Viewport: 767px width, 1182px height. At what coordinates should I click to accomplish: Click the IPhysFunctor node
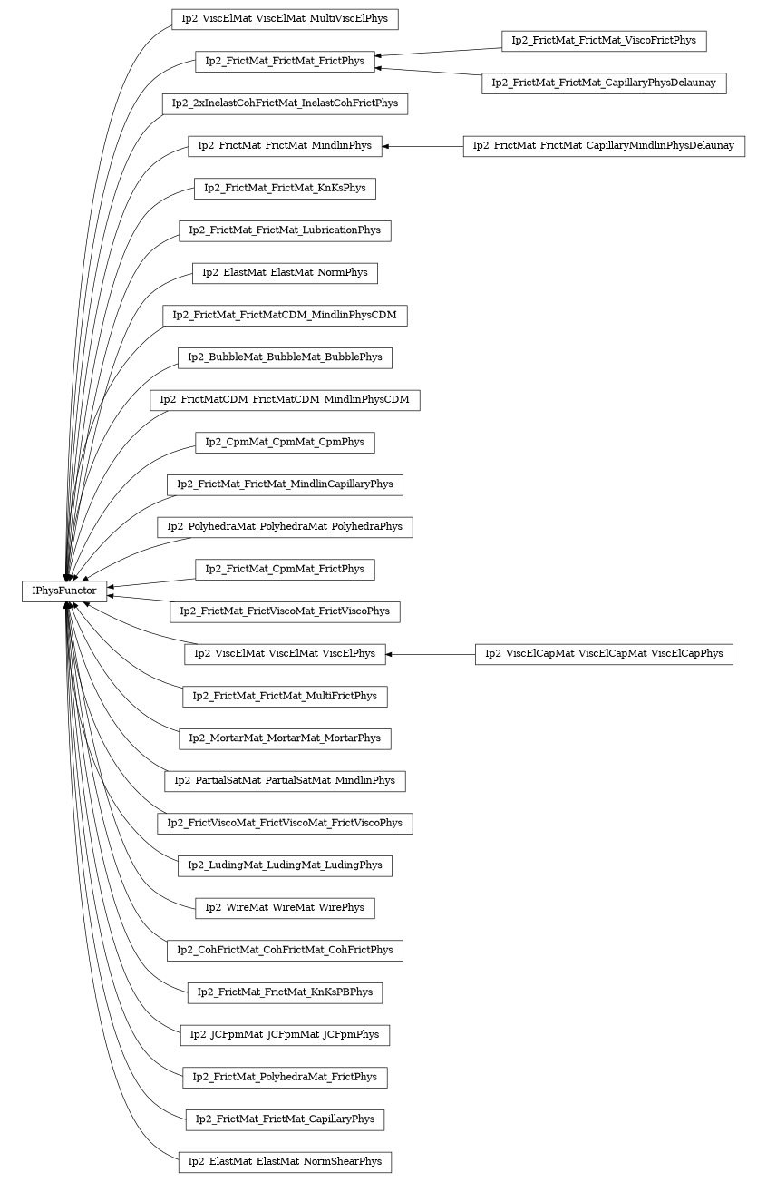[x=64, y=591]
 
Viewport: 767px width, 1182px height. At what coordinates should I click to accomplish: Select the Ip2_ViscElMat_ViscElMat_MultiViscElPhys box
[x=285, y=19]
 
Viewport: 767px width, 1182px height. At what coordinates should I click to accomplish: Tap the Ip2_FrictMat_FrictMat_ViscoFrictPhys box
[x=604, y=41]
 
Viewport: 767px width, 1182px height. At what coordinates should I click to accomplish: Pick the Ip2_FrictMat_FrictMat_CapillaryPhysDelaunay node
[x=604, y=83]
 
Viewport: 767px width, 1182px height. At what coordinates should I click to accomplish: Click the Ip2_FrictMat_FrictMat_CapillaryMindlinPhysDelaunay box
[x=604, y=146]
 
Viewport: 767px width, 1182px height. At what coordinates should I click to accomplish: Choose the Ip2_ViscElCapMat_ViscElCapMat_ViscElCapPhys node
[x=604, y=654]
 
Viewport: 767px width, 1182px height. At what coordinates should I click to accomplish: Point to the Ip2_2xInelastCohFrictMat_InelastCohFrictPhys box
[x=285, y=103]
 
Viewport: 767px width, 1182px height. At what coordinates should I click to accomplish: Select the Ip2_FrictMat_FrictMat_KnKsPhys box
[x=285, y=189]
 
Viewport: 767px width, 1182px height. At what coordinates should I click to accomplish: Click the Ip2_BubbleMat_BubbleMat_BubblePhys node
[x=285, y=357]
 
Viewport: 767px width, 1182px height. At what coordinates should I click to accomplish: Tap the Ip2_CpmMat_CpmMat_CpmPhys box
[x=285, y=443]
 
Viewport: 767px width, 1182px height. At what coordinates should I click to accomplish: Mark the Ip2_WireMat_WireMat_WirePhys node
[x=285, y=908]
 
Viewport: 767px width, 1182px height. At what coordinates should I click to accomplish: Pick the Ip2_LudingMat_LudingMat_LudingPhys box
[x=285, y=865]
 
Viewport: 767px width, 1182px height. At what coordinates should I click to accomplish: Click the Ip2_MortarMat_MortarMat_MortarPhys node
[x=285, y=738]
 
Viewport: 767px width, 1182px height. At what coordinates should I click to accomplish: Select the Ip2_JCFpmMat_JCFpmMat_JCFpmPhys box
[x=285, y=1035]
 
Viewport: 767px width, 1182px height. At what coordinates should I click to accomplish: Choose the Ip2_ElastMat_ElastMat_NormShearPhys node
[x=285, y=1162]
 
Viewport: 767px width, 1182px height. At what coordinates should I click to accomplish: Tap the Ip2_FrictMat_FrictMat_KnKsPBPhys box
[x=285, y=992]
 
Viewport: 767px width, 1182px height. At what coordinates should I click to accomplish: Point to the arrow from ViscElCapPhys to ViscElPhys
[x=431, y=654]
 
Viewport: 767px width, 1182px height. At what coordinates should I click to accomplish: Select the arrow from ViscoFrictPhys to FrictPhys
[x=439, y=52]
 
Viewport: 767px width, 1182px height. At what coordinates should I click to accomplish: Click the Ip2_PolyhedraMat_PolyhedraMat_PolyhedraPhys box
[x=285, y=527]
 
